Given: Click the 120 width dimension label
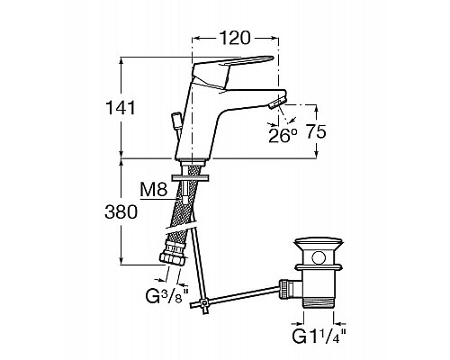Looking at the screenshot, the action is (x=235, y=38).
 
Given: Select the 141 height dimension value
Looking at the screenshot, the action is (x=121, y=108).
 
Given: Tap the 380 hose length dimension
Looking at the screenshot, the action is (x=121, y=212).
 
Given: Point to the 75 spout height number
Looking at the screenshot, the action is (x=316, y=131).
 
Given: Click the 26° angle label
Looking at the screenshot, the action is (x=283, y=136).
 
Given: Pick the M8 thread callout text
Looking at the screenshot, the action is (x=154, y=190).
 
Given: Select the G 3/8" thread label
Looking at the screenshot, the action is (x=167, y=295).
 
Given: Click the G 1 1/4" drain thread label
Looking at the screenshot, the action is (x=319, y=337).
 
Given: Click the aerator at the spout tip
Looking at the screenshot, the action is (x=277, y=102).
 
